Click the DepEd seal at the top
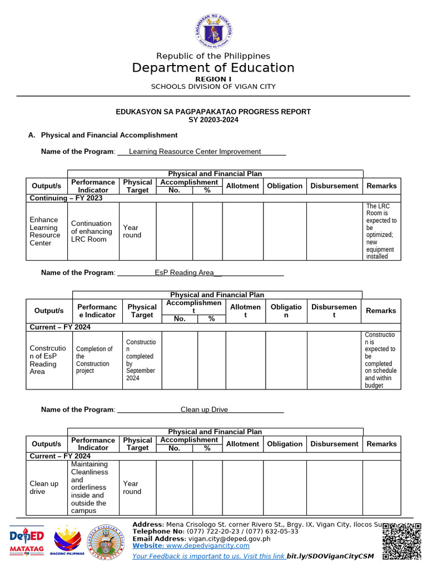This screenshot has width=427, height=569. point(213,31)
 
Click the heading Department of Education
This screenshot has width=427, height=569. point(213,68)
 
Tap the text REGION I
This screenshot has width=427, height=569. point(213,79)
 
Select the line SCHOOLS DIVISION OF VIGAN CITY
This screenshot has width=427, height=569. point(213,87)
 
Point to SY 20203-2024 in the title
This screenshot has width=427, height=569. point(213,119)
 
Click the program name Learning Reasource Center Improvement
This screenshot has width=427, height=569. point(195,151)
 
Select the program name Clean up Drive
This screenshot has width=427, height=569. point(204,410)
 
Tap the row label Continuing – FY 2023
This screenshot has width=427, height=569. point(66,198)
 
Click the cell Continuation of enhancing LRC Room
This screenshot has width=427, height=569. point(92,231)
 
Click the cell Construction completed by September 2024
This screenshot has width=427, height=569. point(141,360)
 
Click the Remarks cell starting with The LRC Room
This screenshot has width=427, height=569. point(381,231)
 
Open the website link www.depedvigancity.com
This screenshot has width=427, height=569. point(208,546)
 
